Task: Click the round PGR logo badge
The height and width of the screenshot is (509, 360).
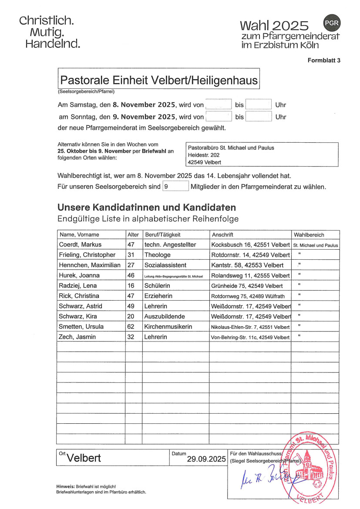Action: pyautogui.click(x=332, y=23)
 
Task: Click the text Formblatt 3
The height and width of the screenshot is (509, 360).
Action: pyautogui.click(x=324, y=60)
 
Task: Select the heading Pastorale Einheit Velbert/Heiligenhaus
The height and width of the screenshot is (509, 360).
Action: pyautogui.click(x=159, y=80)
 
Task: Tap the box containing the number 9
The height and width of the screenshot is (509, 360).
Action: pyautogui.click(x=175, y=187)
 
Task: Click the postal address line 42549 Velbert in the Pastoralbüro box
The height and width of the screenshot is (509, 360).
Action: pyautogui.click(x=204, y=162)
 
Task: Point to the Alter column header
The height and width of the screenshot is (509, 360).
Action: pyautogui.click(x=133, y=234)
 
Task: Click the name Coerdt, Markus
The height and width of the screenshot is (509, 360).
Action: pyautogui.click(x=80, y=244)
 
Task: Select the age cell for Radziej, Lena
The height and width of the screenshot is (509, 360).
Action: pyautogui.click(x=131, y=286)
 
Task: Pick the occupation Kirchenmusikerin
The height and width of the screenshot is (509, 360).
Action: pyautogui.click(x=168, y=327)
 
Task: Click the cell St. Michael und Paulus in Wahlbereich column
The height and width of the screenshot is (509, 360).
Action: pyautogui.click(x=316, y=245)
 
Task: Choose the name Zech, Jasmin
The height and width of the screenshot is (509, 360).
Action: pyautogui.click(x=77, y=337)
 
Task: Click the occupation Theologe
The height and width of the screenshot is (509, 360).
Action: pyautogui.click(x=158, y=255)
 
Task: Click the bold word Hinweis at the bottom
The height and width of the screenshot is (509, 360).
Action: pyautogui.click(x=65, y=486)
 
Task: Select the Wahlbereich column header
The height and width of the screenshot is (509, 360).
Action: pyautogui.click(x=309, y=234)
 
